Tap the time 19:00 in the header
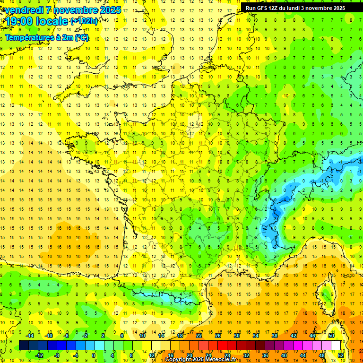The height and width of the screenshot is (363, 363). pos(21,21)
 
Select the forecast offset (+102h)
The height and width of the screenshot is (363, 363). pos(84,21)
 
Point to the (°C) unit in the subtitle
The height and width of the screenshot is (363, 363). pos(81,38)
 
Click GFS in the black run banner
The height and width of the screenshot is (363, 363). pos(265,8)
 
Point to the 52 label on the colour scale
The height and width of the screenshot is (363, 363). pos(341,355)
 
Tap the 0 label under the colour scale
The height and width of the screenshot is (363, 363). pos(94,355)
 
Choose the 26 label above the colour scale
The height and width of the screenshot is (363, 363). pos(217,336)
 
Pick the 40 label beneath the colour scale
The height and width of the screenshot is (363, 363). pos(284,355)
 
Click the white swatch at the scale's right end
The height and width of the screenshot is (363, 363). pos(336,345)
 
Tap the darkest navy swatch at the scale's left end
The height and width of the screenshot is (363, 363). pos(24,345)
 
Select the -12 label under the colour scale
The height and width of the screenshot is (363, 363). pos(39,355)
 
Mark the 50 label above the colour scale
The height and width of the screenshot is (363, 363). pos(331,336)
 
